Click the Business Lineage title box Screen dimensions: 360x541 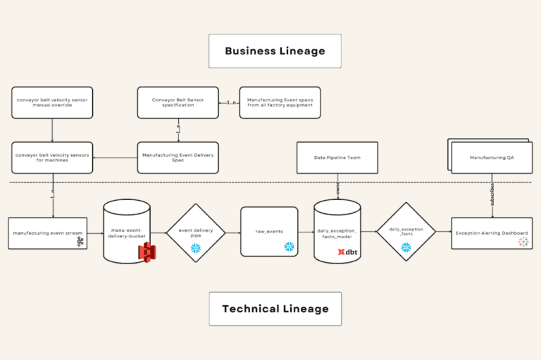(275, 51)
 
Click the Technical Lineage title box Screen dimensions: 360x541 (275, 309)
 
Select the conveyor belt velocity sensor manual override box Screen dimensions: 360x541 (52, 103)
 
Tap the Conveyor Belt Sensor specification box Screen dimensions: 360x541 (178, 103)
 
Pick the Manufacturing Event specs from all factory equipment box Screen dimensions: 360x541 (280, 103)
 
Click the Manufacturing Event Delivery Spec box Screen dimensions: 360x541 (178, 157)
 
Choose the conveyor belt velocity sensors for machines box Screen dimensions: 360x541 (52, 157)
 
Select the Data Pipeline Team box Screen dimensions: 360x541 (337, 157)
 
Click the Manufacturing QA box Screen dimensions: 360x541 (491, 157)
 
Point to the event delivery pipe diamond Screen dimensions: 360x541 (195, 232)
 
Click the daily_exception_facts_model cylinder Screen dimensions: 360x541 (337, 230)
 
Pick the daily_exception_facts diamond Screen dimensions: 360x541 (405, 232)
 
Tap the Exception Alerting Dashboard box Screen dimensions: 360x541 (491, 233)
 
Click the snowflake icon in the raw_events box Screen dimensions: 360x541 (289, 247)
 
